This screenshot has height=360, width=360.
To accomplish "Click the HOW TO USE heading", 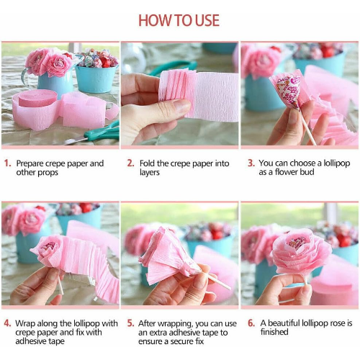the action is pyautogui.click(x=179, y=20).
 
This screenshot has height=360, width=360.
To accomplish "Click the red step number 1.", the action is pyautogui.click(x=7, y=163).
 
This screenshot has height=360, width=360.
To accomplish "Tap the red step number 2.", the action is pyautogui.click(x=130, y=163).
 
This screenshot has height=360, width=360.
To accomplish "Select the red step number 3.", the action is pyautogui.click(x=251, y=163).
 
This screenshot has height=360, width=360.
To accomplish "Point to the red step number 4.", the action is pyautogui.click(x=7, y=323).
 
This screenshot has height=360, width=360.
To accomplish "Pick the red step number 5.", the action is pyautogui.click(x=130, y=323).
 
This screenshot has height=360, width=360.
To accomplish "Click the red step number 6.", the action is pyautogui.click(x=251, y=323).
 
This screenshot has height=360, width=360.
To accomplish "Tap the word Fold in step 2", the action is pyautogui.click(x=147, y=163).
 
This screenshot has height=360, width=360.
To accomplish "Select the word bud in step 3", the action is pyautogui.click(x=307, y=172).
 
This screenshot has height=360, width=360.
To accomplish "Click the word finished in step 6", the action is pyautogui.click(x=274, y=332).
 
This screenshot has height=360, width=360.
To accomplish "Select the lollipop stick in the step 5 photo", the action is pyautogui.click(x=216, y=282).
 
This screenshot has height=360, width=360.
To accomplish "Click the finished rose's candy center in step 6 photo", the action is pyautogui.click(x=295, y=243).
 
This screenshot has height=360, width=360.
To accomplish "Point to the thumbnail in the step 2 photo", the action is pyautogui.click(x=181, y=106).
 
